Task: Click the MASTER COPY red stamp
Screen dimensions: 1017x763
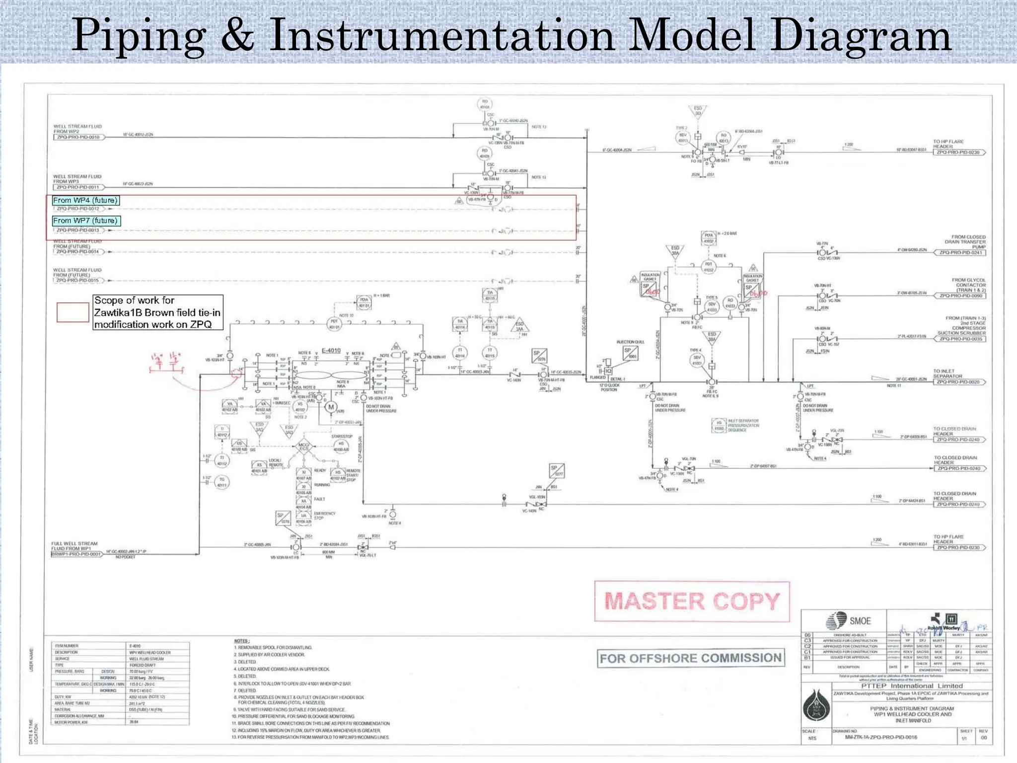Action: click(x=692, y=602)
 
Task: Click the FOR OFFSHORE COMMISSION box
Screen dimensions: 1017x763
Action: click(x=691, y=658)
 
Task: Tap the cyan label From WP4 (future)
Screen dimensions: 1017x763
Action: click(x=85, y=200)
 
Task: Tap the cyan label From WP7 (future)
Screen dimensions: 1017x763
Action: click(x=85, y=221)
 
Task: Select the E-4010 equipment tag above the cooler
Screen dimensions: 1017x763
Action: click(x=331, y=350)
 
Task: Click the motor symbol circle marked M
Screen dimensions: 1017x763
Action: click(x=331, y=407)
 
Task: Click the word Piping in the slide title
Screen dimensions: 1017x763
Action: click(x=139, y=36)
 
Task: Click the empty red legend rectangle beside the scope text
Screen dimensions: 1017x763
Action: click(x=73, y=312)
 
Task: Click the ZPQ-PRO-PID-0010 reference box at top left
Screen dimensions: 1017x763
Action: click(x=78, y=137)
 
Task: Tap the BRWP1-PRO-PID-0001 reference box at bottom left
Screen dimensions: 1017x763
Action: click(x=76, y=554)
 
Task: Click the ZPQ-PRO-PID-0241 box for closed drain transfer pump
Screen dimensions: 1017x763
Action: click(x=959, y=252)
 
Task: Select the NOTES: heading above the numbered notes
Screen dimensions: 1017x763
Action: click(x=241, y=641)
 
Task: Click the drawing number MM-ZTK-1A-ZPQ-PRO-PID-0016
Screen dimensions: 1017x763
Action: click(x=881, y=737)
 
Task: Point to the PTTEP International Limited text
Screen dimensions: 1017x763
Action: click(x=912, y=686)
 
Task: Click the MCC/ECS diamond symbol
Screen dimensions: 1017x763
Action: click(x=303, y=447)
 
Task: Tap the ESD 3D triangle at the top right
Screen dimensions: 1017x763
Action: click(x=698, y=111)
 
